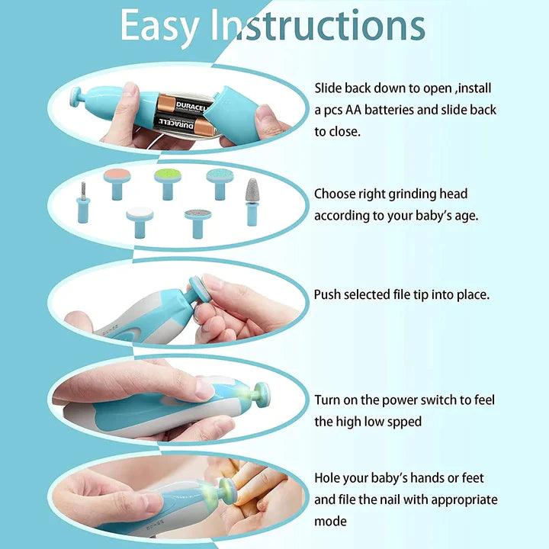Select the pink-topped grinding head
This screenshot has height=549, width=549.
[117, 179]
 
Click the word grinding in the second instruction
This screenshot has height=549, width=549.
[415, 194]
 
